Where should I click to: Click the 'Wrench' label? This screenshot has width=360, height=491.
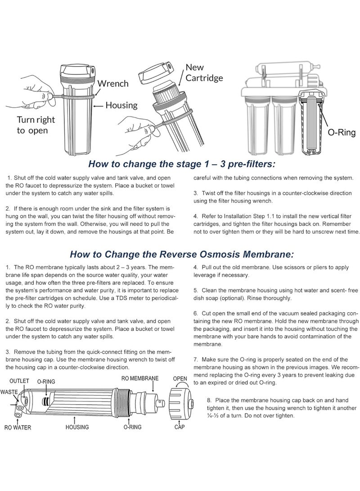[112, 84]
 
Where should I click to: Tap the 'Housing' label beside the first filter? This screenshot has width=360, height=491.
[121, 105]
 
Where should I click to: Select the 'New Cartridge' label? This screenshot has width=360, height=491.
[204, 72]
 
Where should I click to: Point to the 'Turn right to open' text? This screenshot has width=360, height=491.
[36, 125]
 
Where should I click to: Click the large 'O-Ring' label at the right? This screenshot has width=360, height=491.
[342, 132]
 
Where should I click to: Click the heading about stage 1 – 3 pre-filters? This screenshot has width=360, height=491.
[182, 164]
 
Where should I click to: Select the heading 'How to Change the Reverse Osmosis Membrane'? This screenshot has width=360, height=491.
[182, 254]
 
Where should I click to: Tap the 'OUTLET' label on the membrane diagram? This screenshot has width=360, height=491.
[19, 381]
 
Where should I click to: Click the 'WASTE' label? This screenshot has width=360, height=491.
[9, 392]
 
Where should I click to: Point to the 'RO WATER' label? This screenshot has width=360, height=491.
[18, 428]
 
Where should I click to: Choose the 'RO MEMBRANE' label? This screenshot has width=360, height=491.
[140, 378]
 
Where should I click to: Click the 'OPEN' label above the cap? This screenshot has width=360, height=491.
[180, 378]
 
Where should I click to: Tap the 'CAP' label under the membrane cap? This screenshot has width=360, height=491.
[180, 427]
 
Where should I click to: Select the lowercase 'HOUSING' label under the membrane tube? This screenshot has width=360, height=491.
[77, 427]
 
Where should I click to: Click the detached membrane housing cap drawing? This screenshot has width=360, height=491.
[181, 402]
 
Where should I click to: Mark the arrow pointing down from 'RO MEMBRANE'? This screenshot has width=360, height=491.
[153, 387]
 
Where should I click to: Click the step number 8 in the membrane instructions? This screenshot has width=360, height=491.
[209, 400]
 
